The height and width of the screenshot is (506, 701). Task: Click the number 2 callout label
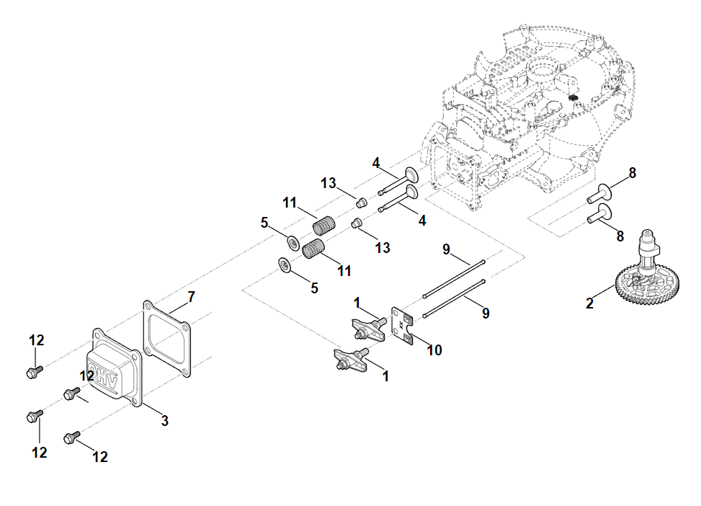pos(589,303)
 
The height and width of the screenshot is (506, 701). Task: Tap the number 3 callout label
pos(165,420)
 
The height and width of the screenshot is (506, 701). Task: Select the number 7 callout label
pos(191,296)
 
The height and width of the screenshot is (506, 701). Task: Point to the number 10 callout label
pos(434,350)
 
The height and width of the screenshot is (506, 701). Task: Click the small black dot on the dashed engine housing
pos(574,97)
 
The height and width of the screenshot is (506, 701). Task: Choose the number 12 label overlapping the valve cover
pos(87,376)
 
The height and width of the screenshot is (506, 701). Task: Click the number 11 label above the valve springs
pos(290,203)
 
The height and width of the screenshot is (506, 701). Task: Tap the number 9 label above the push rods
pos(446,249)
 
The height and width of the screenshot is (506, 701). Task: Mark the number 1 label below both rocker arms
pos(385,376)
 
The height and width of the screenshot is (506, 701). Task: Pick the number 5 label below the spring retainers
pos(313,288)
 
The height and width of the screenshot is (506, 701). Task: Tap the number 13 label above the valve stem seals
pos(329,183)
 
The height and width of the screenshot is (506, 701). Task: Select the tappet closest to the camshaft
pos(598,213)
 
